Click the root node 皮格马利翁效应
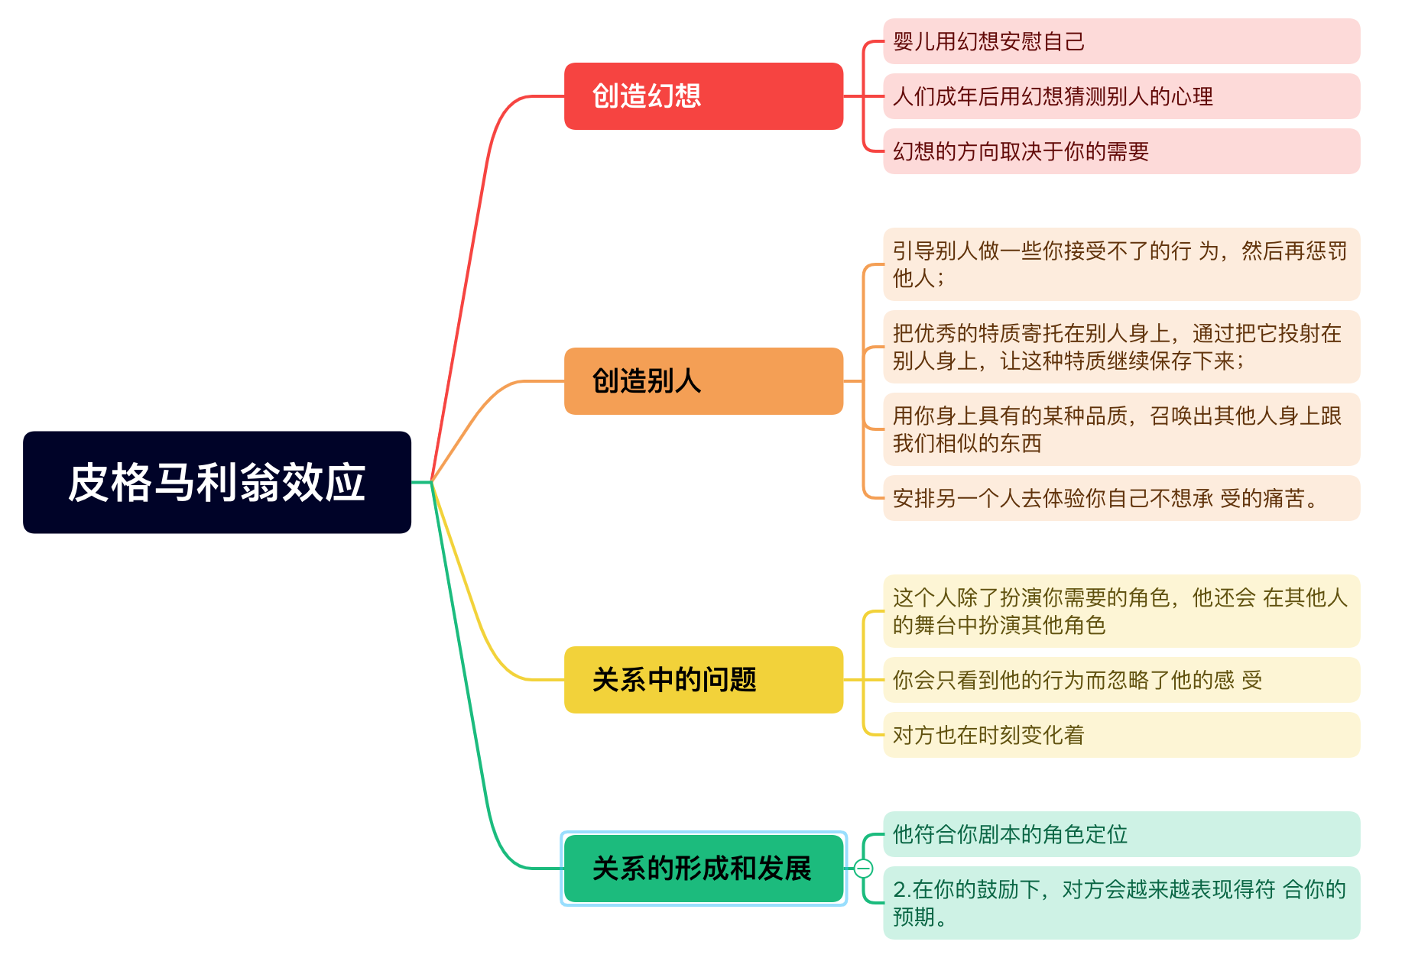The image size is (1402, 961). [217, 482]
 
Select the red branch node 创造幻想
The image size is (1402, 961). [703, 96]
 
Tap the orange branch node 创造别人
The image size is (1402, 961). [703, 381]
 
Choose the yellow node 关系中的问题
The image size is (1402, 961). [703, 680]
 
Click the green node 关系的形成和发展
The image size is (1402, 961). [703, 869]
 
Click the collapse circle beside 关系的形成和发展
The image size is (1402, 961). [863, 869]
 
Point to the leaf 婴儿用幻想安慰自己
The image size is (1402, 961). [1121, 41]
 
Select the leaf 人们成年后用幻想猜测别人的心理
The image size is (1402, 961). [1121, 96]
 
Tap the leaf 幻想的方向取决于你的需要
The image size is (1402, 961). [1121, 151]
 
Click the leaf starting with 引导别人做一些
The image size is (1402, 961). [1121, 264]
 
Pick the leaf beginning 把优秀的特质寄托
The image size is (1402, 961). [1121, 347]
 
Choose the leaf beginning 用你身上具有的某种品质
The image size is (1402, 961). [1121, 429]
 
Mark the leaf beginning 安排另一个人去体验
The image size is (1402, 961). [1121, 498]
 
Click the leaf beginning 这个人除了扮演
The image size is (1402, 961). [1121, 611]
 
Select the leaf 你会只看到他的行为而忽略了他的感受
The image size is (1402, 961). [1121, 680]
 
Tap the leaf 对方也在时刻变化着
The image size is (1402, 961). [1121, 735]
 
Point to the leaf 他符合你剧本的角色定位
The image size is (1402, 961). [1121, 834]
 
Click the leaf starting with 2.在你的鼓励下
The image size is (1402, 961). [1121, 903]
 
